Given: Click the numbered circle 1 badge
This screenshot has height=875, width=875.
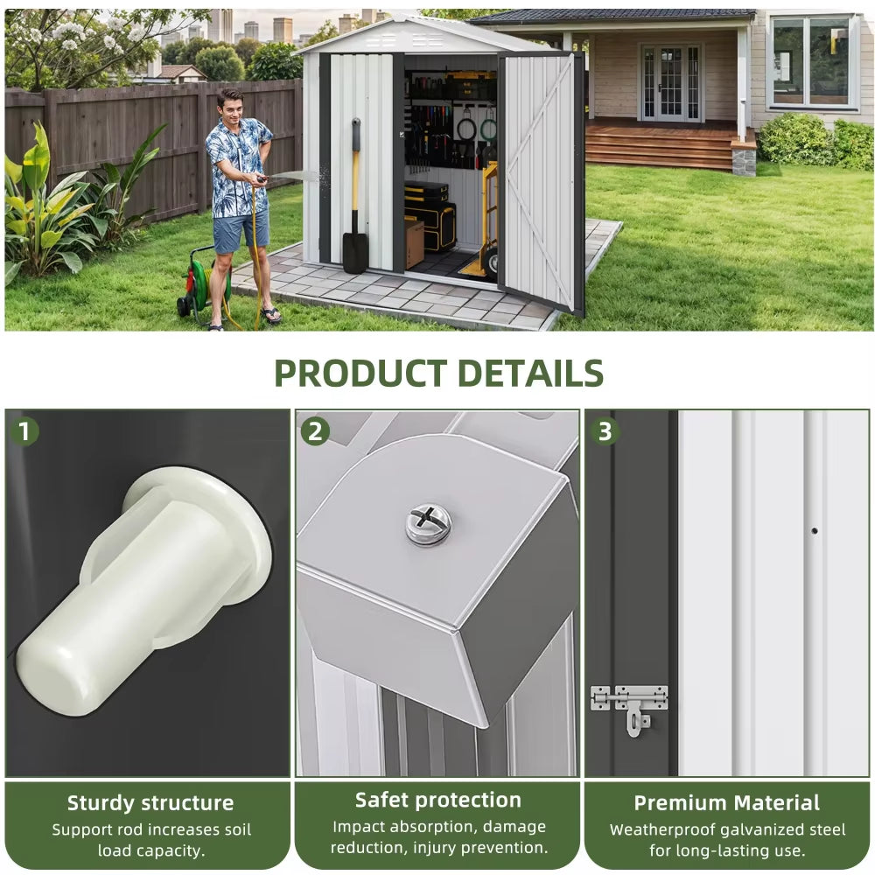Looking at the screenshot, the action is pyautogui.click(x=24, y=431).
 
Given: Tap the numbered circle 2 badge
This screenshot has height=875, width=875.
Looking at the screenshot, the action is pyautogui.click(x=315, y=431).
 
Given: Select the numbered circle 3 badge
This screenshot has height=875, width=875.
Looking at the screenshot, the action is pyautogui.click(x=605, y=431).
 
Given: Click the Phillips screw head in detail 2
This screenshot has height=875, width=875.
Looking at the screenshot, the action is pyautogui.click(x=429, y=523).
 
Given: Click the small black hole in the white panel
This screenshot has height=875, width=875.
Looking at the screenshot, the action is pyautogui.click(x=814, y=531).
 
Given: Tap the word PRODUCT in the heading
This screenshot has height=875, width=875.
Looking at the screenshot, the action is pyautogui.click(x=360, y=374).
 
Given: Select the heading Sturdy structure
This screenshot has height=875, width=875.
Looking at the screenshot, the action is pyautogui.click(x=150, y=803).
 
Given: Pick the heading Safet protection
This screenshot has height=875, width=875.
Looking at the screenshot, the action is pyautogui.click(x=438, y=801).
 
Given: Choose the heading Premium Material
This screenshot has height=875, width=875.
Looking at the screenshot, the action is pyautogui.click(x=726, y=803).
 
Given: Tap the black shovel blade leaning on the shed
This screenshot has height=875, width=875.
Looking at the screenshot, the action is pyautogui.click(x=354, y=252).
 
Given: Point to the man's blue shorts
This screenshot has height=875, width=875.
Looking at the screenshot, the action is pyautogui.click(x=241, y=231).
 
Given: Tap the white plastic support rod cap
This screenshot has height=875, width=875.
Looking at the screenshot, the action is pyautogui.click(x=145, y=591).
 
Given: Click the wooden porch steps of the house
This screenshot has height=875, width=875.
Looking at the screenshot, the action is pyautogui.click(x=660, y=146).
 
